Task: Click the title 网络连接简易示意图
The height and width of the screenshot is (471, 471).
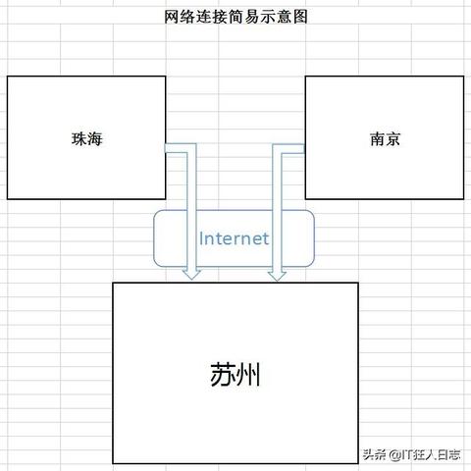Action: [x=235, y=17]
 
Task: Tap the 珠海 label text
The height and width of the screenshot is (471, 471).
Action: [x=87, y=138]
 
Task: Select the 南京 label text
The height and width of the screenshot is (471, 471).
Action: [x=386, y=138]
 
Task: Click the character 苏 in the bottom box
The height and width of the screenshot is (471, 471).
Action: [x=223, y=374]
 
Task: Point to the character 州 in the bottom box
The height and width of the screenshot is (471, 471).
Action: [x=248, y=374]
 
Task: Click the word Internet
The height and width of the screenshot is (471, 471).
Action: [x=234, y=238]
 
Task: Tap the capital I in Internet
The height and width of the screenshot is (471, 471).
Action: [x=201, y=238]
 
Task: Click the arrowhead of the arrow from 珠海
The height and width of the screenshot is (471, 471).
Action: [x=192, y=275]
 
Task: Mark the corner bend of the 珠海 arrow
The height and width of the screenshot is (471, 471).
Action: [x=191, y=148]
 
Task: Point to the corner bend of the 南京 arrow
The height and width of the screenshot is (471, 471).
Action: [x=278, y=148]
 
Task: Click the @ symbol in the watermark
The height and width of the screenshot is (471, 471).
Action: [x=394, y=454]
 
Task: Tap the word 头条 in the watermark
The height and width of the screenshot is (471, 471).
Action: [x=375, y=454]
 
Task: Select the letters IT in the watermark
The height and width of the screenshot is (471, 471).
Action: [x=406, y=454]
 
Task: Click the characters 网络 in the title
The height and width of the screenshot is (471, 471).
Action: [x=180, y=17]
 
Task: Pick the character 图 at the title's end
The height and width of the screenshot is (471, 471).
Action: [x=300, y=17]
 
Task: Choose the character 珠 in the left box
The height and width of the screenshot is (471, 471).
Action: [x=79, y=138]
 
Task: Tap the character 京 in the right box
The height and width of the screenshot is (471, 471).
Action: [x=393, y=138]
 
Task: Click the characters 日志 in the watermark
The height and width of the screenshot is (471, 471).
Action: [x=448, y=454]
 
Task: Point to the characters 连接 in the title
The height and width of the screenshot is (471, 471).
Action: [x=211, y=17]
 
